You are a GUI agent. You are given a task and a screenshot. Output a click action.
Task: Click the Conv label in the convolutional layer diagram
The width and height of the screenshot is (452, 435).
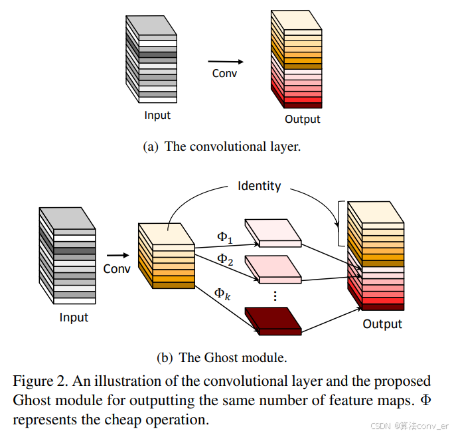224,73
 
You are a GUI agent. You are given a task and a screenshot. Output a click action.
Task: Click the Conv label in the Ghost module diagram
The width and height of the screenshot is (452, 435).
117,269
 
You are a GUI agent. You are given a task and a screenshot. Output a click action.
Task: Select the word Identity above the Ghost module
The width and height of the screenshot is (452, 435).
259,186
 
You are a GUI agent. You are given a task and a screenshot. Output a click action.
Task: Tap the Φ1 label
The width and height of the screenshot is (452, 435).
226,236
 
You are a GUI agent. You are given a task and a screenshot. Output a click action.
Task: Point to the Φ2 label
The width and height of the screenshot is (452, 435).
226,258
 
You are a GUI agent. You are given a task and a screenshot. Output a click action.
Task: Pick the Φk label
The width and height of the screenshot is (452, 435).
222,293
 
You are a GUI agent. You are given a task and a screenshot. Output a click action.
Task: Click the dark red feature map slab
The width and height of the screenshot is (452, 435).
273,319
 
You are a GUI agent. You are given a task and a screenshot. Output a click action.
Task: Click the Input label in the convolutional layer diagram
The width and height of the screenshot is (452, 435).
157,115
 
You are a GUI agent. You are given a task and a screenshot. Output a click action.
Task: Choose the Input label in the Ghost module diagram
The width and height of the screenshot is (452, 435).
74,317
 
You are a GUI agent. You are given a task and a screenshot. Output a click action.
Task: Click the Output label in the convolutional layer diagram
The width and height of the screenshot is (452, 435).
302,120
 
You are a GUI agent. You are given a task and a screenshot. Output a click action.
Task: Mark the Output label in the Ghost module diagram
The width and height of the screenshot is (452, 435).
382,324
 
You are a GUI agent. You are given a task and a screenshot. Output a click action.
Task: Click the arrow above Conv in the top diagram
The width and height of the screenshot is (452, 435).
225,62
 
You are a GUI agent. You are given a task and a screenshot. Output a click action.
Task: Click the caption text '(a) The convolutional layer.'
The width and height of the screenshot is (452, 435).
222,147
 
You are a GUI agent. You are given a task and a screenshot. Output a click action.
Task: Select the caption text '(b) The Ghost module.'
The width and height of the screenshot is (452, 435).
222,357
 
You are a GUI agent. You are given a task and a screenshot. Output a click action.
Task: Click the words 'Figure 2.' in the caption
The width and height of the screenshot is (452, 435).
40,382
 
